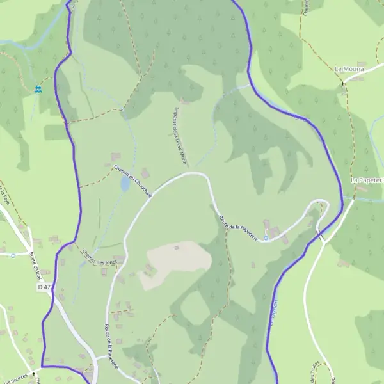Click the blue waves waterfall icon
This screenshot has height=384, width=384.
click(x=38, y=90)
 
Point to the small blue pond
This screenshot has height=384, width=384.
click(x=124, y=184)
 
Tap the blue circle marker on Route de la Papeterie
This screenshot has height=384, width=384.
click(x=266, y=238)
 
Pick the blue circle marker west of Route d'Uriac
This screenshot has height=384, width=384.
click(x=13, y=254)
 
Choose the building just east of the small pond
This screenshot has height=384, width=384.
click(x=145, y=173)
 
